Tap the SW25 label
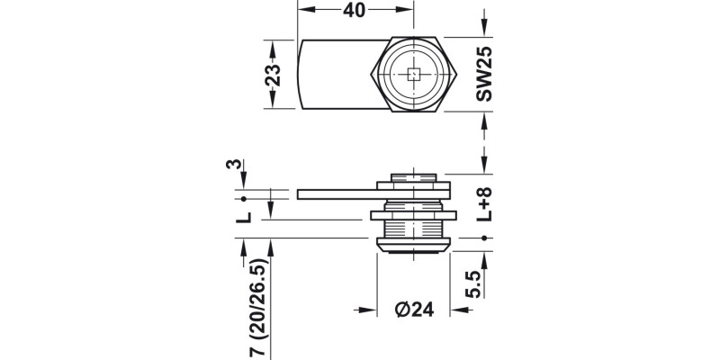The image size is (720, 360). coord(485,74)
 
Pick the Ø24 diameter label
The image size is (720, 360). coord(415,309)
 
